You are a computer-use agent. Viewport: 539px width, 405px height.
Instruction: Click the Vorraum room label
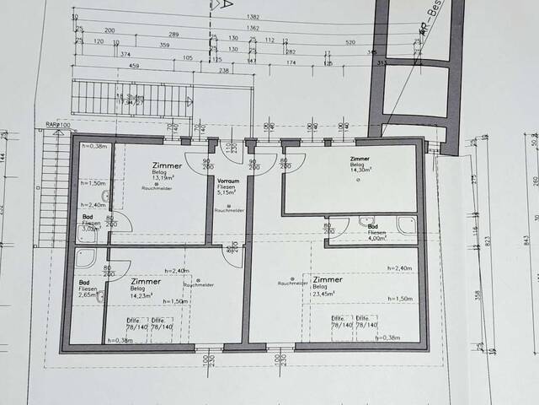(228, 181)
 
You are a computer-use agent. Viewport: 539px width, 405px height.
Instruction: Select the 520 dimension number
(350, 40)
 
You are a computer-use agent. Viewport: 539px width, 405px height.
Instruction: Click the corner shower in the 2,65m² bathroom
(88, 258)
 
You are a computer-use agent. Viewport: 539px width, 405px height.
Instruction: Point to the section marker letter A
(228, 4)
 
